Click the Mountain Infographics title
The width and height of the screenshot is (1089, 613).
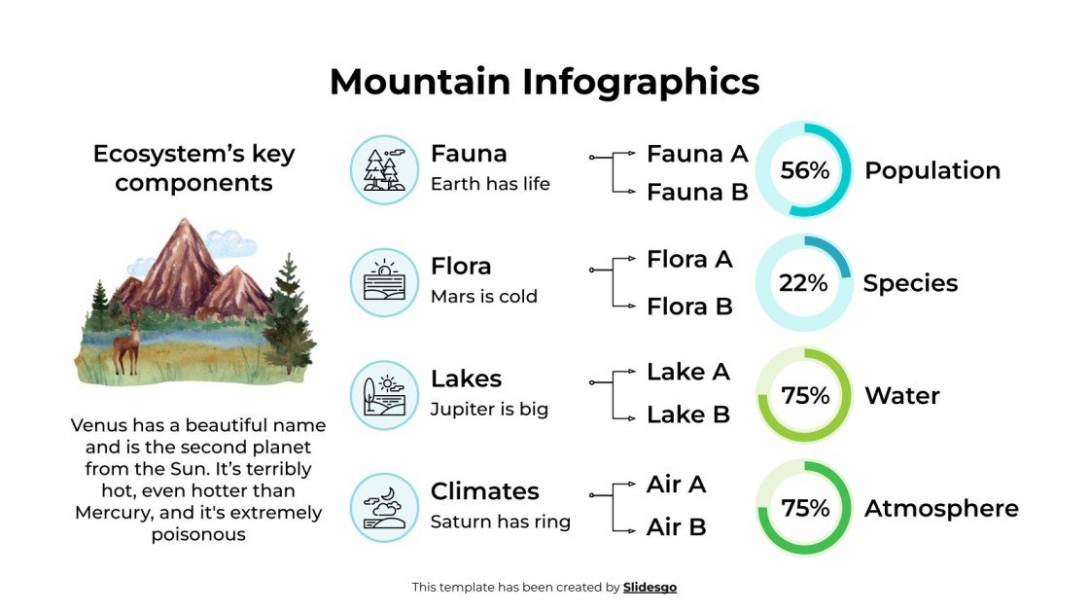point(544,82)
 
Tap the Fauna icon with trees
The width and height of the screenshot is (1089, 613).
point(384,169)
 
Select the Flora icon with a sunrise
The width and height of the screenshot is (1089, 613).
point(384,282)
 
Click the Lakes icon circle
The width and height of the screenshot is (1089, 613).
point(384,395)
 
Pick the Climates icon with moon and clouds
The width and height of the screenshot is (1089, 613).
point(384,508)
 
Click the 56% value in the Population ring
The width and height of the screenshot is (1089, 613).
point(804,170)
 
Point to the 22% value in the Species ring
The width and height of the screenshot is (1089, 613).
point(803,283)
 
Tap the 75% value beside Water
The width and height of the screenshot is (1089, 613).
point(805,396)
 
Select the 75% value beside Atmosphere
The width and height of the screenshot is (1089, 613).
point(805,509)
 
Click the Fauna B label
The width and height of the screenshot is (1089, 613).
point(697,193)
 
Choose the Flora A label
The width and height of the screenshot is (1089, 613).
point(689,260)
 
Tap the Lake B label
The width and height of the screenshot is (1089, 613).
point(688,415)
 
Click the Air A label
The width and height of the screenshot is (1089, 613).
point(677,485)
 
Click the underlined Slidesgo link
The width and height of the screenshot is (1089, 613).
point(650,588)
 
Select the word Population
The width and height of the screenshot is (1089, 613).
point(931,170)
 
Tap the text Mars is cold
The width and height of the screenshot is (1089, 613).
point(483,297)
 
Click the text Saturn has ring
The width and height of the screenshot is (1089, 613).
point(500,523)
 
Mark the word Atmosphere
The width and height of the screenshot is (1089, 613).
point(941,509)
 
